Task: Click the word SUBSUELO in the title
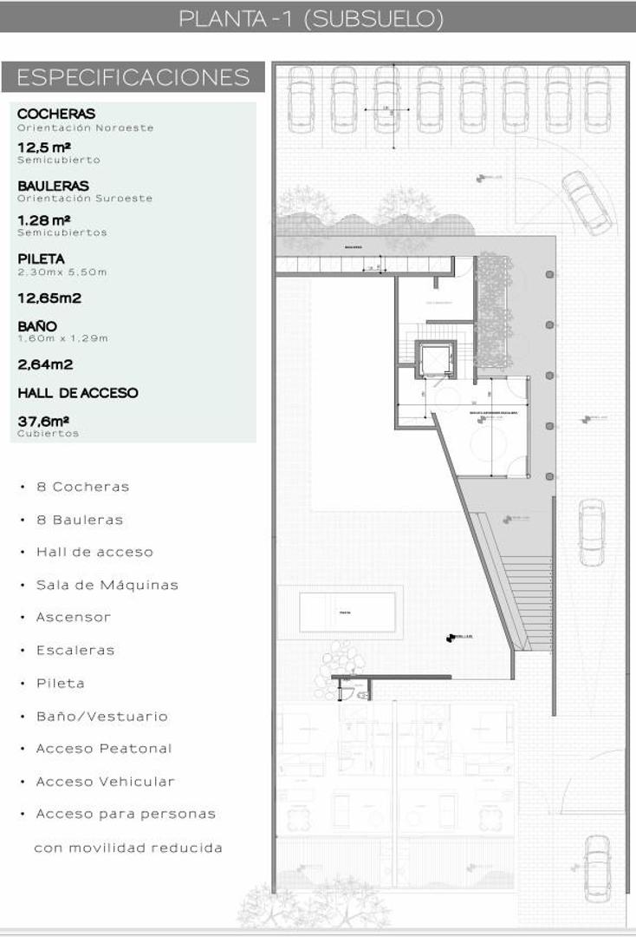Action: [x=374, y=19]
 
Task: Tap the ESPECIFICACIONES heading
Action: [x=133, y=77]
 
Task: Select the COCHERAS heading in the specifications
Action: [x=56, y=114]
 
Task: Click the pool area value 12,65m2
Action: [x=49, y=298]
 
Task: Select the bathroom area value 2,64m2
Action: [x=45, y=364]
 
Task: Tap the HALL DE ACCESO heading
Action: [x=78, y=393]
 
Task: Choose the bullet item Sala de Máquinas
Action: [x=107, y=585]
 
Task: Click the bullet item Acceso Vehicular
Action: [x=105, y=782]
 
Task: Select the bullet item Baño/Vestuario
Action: [x=101, y=717]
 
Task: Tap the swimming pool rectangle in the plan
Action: [x=347, y=613]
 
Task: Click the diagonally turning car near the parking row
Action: [x=587, y=202]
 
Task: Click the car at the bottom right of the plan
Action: [x=596, y=868]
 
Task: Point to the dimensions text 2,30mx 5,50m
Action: [x=62, y=272]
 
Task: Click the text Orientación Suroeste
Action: [x=85, y=199]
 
